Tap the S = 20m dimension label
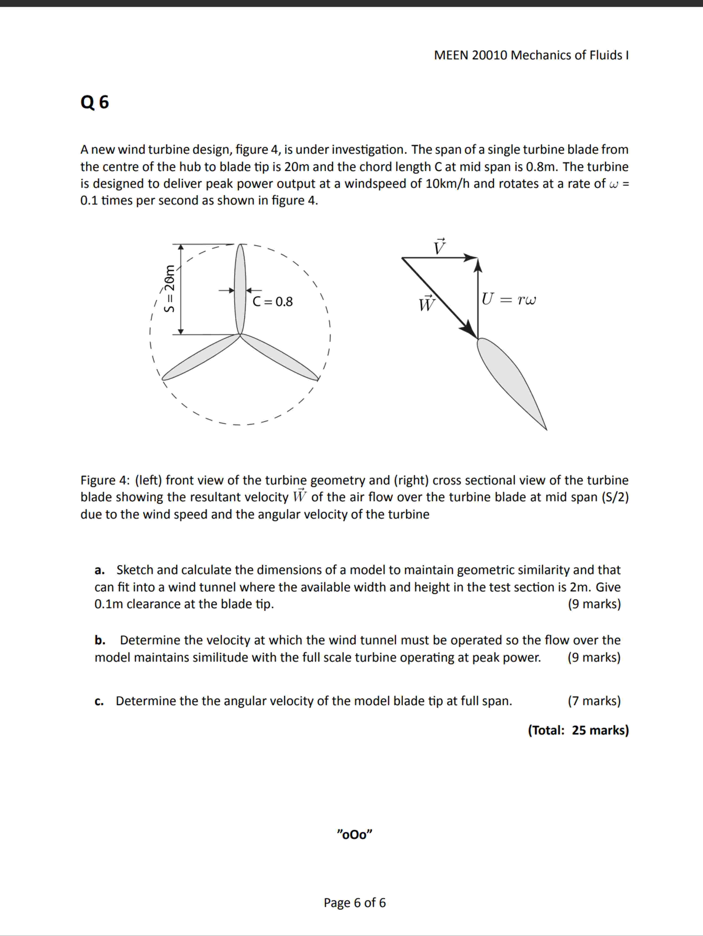click(169, 288)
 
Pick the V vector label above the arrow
click(440, 247)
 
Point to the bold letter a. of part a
click(99, 570)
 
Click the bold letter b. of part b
click(100, 640)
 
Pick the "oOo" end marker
click(354, 835)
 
